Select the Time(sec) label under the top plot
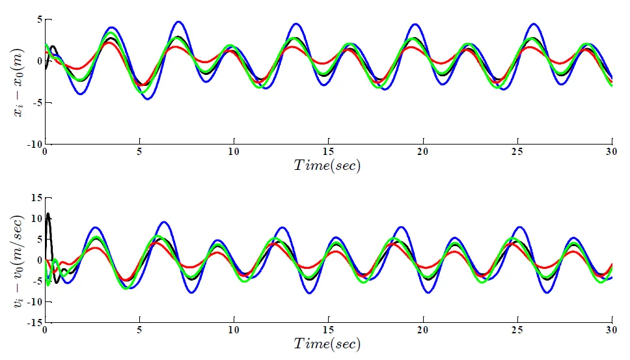(x=327, y=165)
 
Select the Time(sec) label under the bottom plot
(x=327, y=343)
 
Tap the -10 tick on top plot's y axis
(x=34, y=144)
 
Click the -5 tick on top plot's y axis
(x=36, y=103)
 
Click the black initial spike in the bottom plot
(x=48, y=214)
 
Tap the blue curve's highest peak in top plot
(x=178, y=22)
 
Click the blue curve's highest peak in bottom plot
(x=164, y=222)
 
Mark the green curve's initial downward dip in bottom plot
(x=48, y=284)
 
